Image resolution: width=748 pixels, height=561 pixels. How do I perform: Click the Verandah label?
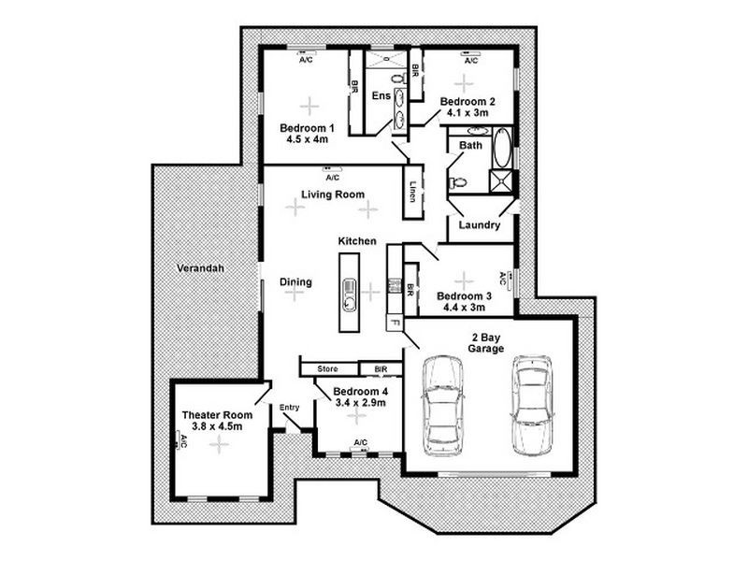click(x=200, y=268)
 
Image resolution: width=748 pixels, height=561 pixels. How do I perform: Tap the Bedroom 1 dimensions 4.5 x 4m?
click(x=308, y=139)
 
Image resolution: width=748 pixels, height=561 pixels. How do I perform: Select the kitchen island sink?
click(x=349, y=295)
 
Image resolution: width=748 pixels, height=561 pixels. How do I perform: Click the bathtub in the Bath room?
click(x=501, y=148)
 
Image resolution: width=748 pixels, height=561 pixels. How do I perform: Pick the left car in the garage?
click(x=442, y=405)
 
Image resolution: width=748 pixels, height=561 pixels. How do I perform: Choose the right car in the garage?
click(x=532, y=405)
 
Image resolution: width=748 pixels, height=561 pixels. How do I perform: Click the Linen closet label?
click(x=413, y=192)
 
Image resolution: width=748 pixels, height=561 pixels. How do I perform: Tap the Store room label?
click(x=328, y=368)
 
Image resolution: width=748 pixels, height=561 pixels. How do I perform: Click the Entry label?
click(x=290, y=408)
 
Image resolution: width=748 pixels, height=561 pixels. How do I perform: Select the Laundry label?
click(x=480, y=225)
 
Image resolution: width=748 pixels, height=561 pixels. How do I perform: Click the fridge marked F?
click(x=395, y=323)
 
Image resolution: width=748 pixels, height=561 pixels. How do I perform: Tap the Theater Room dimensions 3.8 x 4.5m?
click(x=217, y=426)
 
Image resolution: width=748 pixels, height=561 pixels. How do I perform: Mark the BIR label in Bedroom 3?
click(x=410, y=291)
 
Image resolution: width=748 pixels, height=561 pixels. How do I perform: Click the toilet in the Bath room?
click(x=457, y=181)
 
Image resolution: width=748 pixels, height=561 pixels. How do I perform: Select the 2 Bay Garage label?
click(x=485, y=343)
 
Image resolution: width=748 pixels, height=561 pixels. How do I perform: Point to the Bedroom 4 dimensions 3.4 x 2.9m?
click(x=361, y=403)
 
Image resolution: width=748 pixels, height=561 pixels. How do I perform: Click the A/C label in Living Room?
click(x=333, y=178)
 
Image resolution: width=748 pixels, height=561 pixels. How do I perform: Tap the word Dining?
click(x=295, y=282)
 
